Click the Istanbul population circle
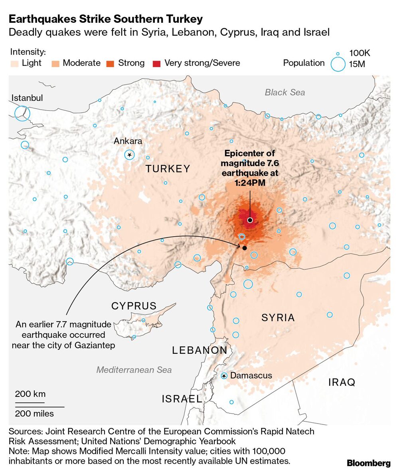coord(22,114)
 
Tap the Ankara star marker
coord(129,155)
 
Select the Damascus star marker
coord(224,376)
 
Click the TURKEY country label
coord(168,169)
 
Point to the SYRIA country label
coord(278,318)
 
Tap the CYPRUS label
coord(134,306)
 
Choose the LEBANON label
coord(199,350)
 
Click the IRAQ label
coord(342,383)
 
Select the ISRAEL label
coord(182,398)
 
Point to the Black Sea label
coord(285,92)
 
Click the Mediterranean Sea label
coord(134,370)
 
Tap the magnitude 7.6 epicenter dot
coord(250,220)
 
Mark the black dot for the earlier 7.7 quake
coord(245,248)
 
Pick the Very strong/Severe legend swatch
coord(157,63)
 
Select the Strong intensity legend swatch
coord(110,63)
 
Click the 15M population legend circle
coord(338,64)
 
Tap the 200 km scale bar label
coord(30,394)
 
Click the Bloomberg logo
coord(368,463)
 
